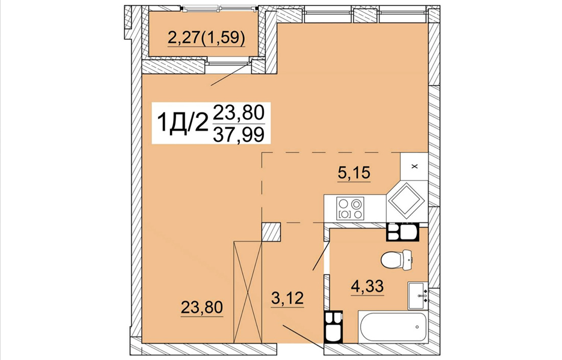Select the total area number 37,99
[239, 134]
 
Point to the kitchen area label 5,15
[354, 173]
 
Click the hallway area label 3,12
[288, 298]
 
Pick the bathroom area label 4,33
[367, 286]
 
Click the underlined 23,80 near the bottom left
[202, 307]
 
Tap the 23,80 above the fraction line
[239, 112]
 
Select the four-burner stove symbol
[350, 208]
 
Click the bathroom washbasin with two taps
[417, 296]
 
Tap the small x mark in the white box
[415, 166]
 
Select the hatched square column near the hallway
[271, 232]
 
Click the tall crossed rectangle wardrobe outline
[248, 292]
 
